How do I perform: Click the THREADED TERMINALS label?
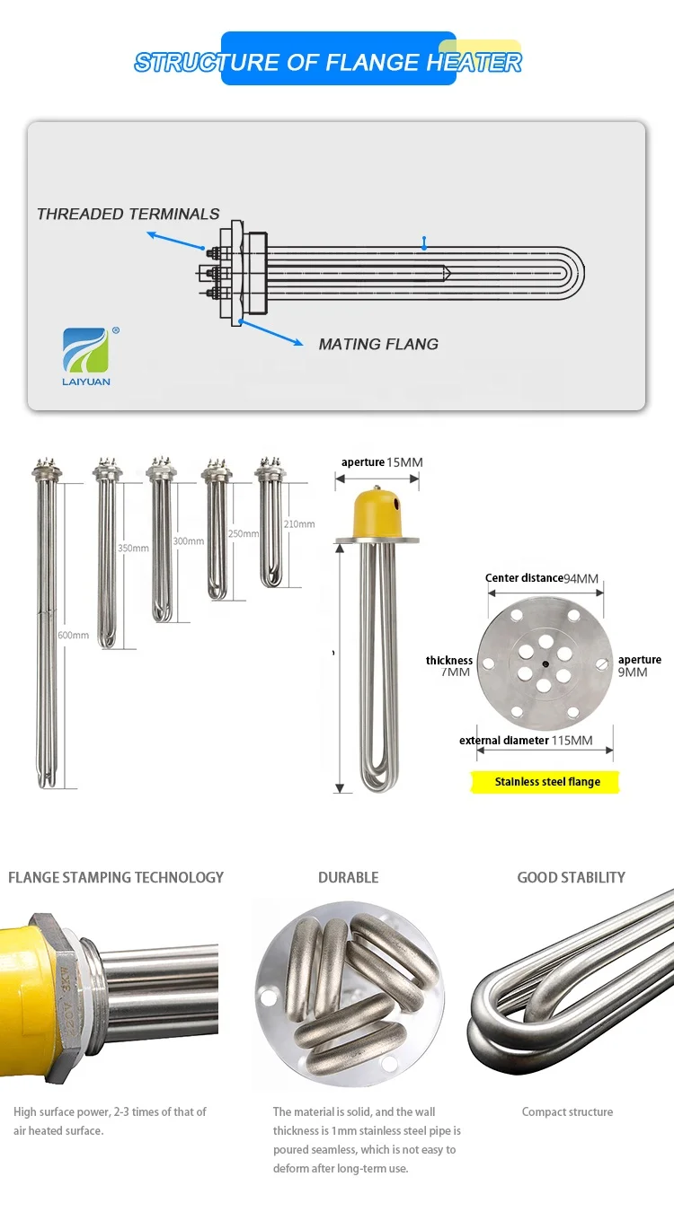[x=129, y=214]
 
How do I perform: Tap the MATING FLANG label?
[x=378, y=344]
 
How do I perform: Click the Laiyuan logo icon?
[x=85, y=350]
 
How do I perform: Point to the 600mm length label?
[x=74, y=636]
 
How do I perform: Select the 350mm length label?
[x=133, y=548]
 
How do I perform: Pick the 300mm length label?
[x=188, y=541]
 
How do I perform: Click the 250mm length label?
[x=243, y=533]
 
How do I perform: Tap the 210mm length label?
[x=299, y=524]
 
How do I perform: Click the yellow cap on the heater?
[x=377, y=511]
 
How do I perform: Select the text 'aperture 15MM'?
[x=381, y=462]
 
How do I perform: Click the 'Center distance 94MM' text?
[x=542, y=578]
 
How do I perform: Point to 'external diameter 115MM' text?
[x=526, y=741]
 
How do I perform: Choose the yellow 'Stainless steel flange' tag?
[x=547, y=782]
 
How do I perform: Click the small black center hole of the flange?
[x=544, y=665]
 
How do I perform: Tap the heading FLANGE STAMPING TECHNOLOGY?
[x=116, y=877]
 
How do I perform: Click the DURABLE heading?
[x=348, y=877]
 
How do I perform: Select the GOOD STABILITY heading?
[x=571, y=877]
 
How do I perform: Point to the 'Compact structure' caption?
[x=567, y=1111]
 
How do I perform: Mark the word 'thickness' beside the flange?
[x=449, y=661]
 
